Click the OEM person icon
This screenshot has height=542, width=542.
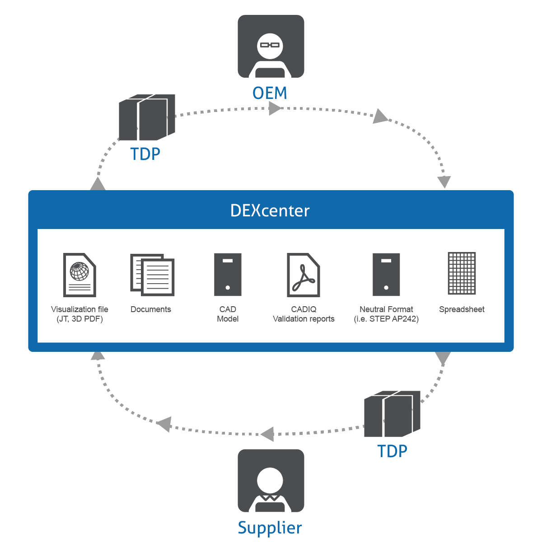[x=271, y=47]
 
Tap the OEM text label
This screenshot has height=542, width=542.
[x=270, y=93]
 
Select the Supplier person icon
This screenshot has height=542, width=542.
[x=271, y=481]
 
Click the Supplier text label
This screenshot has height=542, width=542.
[x=270, y=528]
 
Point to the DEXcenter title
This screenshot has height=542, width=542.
[x=270, y=211]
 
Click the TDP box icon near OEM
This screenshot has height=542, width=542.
[x=147, y=117]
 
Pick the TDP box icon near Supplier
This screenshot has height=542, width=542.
[x=392, y=414]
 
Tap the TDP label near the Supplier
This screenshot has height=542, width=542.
[x=392, y=451]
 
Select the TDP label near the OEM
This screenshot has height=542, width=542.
[x=145, y=154]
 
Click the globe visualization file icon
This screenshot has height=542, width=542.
[x=79, y=275]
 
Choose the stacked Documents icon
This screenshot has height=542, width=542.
[x=152, y=275]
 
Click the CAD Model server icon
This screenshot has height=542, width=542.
[x=228, y=275]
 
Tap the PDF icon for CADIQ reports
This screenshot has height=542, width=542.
[x=303, y=275]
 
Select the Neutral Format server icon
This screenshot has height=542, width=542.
[x=386, y=275]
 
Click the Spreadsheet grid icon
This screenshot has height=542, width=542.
[x=462, y=273]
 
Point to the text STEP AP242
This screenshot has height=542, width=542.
[x=393, y=319]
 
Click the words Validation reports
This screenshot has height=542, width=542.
[x=304, y=319]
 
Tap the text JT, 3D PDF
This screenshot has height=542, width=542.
[x=79, y=319]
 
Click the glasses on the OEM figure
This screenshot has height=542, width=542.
[x=271, y=45]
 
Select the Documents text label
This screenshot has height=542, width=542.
[x=151, y=309]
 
